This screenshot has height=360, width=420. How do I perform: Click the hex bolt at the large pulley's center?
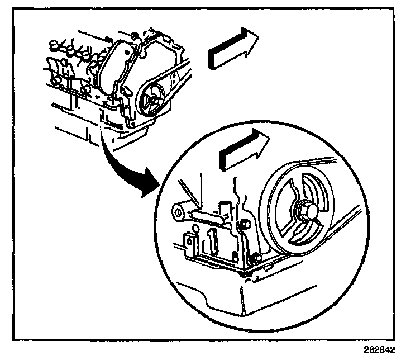[x=308, y=211]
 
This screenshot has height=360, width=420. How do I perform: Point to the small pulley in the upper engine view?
[x=151, y=102]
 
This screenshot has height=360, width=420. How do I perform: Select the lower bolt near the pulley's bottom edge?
[x=256, y=258]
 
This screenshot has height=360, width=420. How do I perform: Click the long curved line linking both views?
[x=117, y=162]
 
